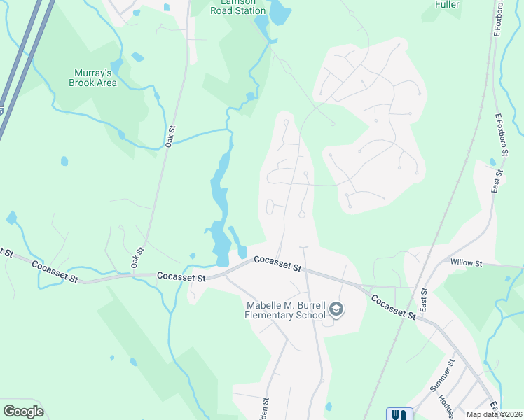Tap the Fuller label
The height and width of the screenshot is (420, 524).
pyautogui.click(x=447, y=4)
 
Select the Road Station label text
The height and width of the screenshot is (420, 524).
pyautogui.click(x=239, y=10)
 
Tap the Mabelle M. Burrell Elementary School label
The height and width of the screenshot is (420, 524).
pyautogui.click(x=284, y=309)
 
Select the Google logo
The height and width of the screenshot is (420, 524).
pyautogui.click(x=23, y=412)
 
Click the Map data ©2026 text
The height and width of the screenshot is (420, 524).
pyautogui.click(x=495, y=414)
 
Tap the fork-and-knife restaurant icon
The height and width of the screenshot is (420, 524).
pyautogui.click(x=399, y=414)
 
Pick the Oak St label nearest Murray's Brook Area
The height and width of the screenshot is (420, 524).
pyautogui.click(x=170, y=135)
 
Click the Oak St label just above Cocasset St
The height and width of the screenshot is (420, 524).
pyautogui.click(x=137, y=257)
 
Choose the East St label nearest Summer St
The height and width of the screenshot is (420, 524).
pyautogui.click(x=423, y=299)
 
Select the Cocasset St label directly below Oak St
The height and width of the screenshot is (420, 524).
pyautogui.click(x=181, y=277)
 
